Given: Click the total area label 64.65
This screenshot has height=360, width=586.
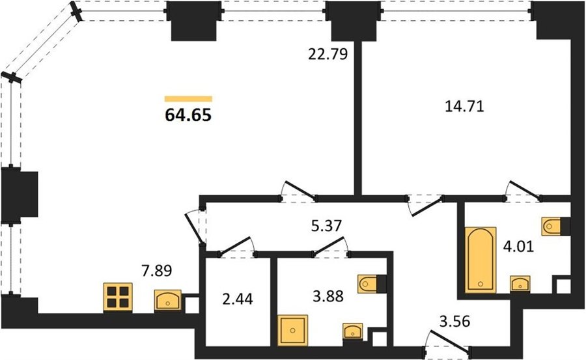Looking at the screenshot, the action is coord(188,115).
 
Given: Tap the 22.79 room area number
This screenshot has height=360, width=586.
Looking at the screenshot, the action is coord(328,54).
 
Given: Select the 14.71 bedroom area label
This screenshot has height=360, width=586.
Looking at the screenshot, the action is coord(464,107).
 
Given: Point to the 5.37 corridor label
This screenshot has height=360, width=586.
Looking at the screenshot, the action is coord(327,225).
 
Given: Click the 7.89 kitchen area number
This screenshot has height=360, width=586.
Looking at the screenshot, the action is coord(156,270).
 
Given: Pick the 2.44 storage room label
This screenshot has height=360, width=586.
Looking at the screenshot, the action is coord(237,299).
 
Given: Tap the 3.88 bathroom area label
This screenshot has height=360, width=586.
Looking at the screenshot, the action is coord(328,296).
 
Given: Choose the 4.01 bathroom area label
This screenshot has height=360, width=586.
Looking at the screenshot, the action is coord(518,246).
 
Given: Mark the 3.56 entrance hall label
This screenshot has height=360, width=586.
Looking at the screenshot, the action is coord(454,321).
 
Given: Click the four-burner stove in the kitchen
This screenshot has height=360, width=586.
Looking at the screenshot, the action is coord(118,297).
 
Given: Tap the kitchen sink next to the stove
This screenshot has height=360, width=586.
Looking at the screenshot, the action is coord(168,300).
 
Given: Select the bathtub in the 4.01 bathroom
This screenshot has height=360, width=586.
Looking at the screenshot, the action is coord(481,260).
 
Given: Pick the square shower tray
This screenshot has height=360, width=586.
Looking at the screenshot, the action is coord(292,330).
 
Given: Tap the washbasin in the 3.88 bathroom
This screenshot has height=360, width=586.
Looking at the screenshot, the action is coord(353,331).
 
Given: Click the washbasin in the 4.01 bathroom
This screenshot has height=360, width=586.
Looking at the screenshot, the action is coord(520,284).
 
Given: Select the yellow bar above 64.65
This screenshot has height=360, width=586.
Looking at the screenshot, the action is coord(188,99).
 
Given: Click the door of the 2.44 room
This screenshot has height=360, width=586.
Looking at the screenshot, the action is coord(236,247).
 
